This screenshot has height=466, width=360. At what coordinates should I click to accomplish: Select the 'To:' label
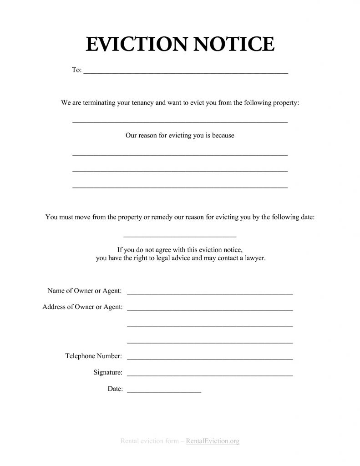click(x=76, y=70)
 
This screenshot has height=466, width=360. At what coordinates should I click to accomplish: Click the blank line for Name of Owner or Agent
click(x=209, y=293)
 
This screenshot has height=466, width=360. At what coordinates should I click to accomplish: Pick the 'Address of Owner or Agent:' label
click(x=82, y=307)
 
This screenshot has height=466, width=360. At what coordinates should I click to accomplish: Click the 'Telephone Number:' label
click(x=93, y=355)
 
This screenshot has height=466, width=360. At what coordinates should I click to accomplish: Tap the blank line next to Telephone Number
click(x=209, y=359)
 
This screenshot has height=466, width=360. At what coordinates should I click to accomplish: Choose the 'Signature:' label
click(x=108, y=372)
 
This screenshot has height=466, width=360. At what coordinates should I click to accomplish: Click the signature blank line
click(x=209, y=375)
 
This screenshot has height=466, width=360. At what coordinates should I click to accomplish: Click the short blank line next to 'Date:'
click(x=164, y=391)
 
